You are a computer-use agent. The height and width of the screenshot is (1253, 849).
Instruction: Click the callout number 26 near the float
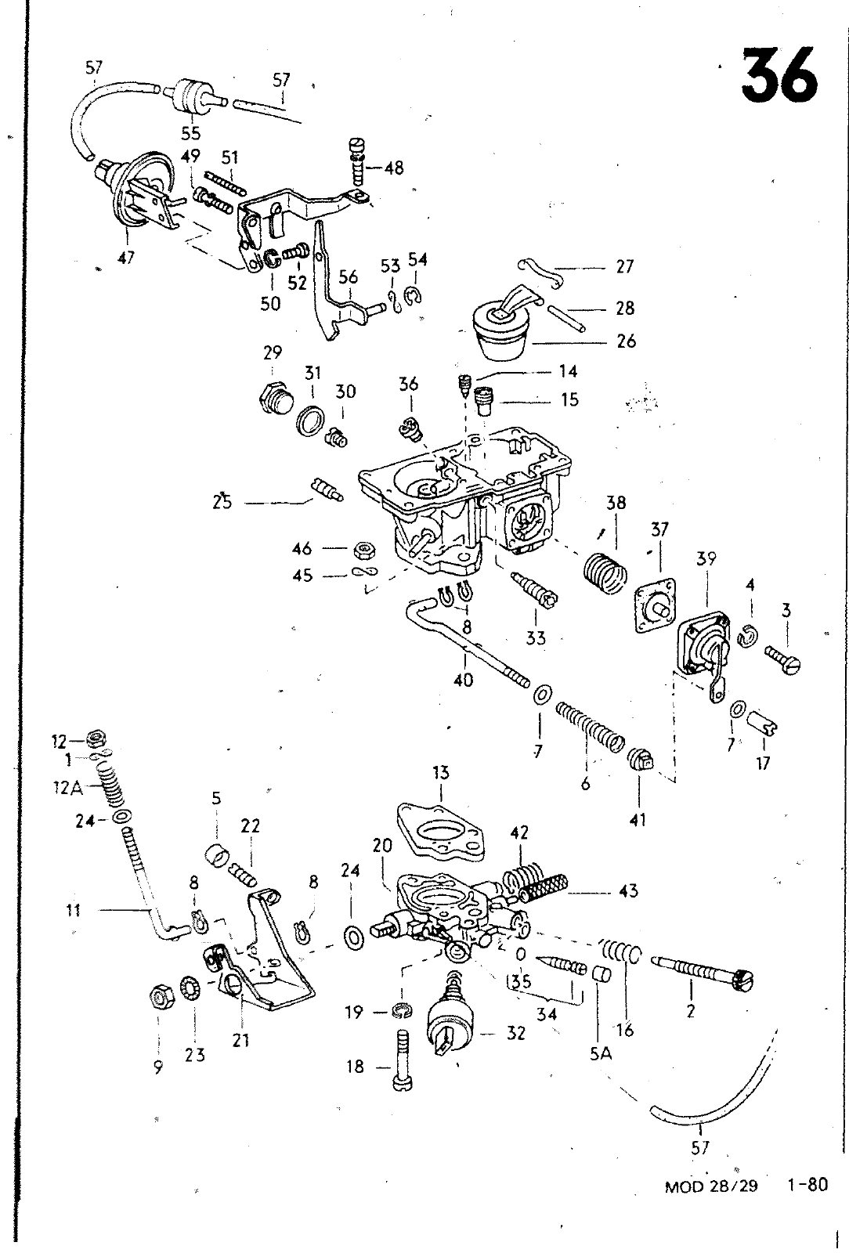[x=626, y=341]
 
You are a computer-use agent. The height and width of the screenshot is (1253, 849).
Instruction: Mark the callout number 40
[x=464, y=680]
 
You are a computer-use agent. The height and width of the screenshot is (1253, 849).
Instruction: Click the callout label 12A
[x=67, y=789]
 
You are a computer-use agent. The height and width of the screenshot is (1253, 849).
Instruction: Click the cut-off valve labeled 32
[x=452, y=1024]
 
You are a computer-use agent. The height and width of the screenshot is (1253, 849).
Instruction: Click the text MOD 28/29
[x=711, y=1186]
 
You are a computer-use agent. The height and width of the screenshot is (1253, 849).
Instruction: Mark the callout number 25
[x=222, y=502]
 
